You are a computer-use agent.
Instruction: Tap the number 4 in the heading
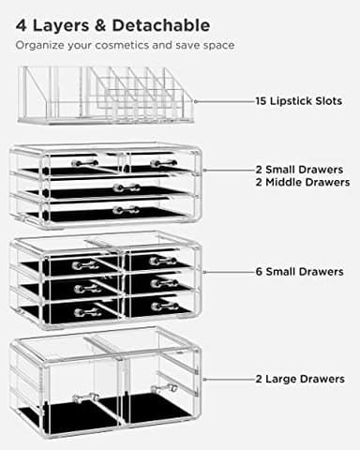pyautogui.click(x=20, y=21)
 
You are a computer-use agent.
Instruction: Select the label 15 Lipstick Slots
pyautogui.click(x=298, y=100)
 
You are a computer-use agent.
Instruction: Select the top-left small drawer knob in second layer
pyautogui.click(x=85, y=163)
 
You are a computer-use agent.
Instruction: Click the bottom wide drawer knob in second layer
pyautogui.click(x=124, y=210)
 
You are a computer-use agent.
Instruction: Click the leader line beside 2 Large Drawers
pyautogui.click(x=225, y=381)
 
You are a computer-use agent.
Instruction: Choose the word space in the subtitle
pyautogui.click(x=219, y=44)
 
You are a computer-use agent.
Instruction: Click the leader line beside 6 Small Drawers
pyautogui.click(x=225, y=271)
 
